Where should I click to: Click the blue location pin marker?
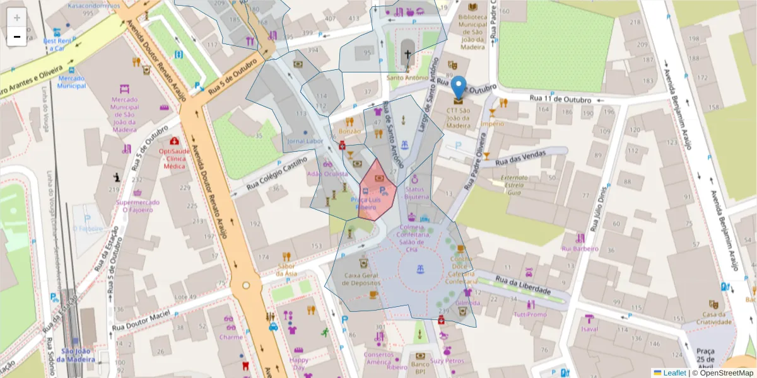[x=460, y=87]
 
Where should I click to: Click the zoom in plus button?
[x=17, y=18]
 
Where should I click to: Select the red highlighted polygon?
[x=377, y=190]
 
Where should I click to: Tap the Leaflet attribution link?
[x=674, y=372]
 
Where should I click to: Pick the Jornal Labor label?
[x=305, y=141]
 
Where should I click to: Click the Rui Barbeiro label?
[x=580, y=248]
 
